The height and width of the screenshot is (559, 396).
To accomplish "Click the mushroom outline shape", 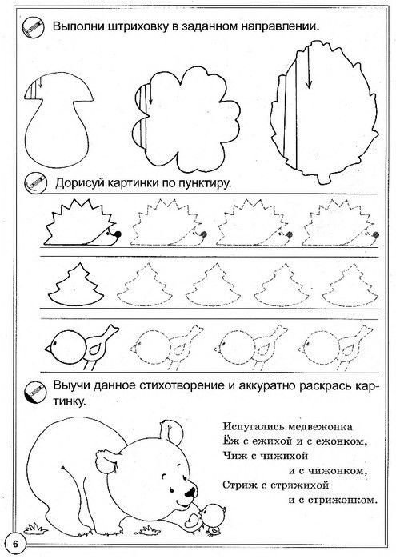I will tap(55, 120).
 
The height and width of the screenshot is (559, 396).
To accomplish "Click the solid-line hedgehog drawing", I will tap(81, 223).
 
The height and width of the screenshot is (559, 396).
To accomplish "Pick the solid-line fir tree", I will tap(75, 287).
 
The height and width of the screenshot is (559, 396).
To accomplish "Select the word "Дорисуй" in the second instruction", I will tap(81, 182).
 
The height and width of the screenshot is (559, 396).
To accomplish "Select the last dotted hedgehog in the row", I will tap(336, 223).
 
